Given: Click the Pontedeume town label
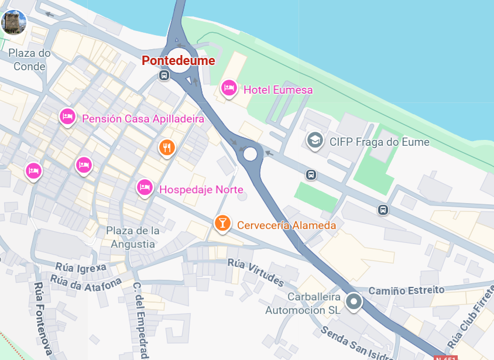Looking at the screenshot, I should [179, 61].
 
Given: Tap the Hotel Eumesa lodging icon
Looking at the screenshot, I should [229, 88].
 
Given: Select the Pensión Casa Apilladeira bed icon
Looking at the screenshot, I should [68, 116].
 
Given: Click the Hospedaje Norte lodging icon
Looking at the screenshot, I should [145, 187].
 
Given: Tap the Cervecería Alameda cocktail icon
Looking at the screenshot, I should [222, 223].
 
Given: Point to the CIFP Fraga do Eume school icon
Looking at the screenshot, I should [315, 140].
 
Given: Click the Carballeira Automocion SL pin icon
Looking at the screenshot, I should [354, 302].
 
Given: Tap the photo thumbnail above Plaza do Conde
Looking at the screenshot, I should [13, 22].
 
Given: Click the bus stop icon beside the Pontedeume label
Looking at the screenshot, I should [164, 76].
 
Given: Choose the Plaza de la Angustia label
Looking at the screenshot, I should [133, 237].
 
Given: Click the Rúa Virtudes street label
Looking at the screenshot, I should [255, 273].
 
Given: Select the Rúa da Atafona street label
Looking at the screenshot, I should [85, 282].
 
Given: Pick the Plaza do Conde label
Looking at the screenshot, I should [29, 60].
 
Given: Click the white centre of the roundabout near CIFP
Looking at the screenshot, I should [251, 154].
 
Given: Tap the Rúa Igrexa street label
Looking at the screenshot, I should [81, 268].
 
